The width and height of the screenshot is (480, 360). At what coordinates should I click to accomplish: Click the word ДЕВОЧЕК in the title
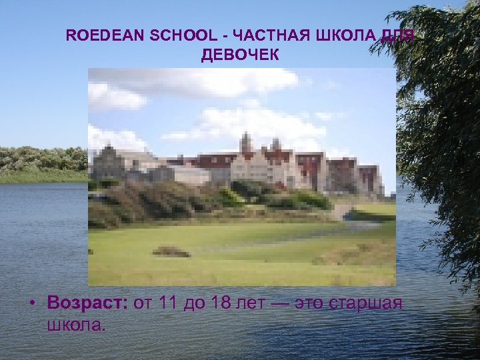pyautogui.click(x=240, y=55)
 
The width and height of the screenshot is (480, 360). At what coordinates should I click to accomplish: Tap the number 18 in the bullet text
pyautogui.click(x=222, y=303)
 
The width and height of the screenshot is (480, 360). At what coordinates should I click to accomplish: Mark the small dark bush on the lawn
pyautogui.click(x=171, y=251)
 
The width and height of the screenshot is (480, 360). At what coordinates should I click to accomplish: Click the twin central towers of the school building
pyautogui.click(x=260, y=144)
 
